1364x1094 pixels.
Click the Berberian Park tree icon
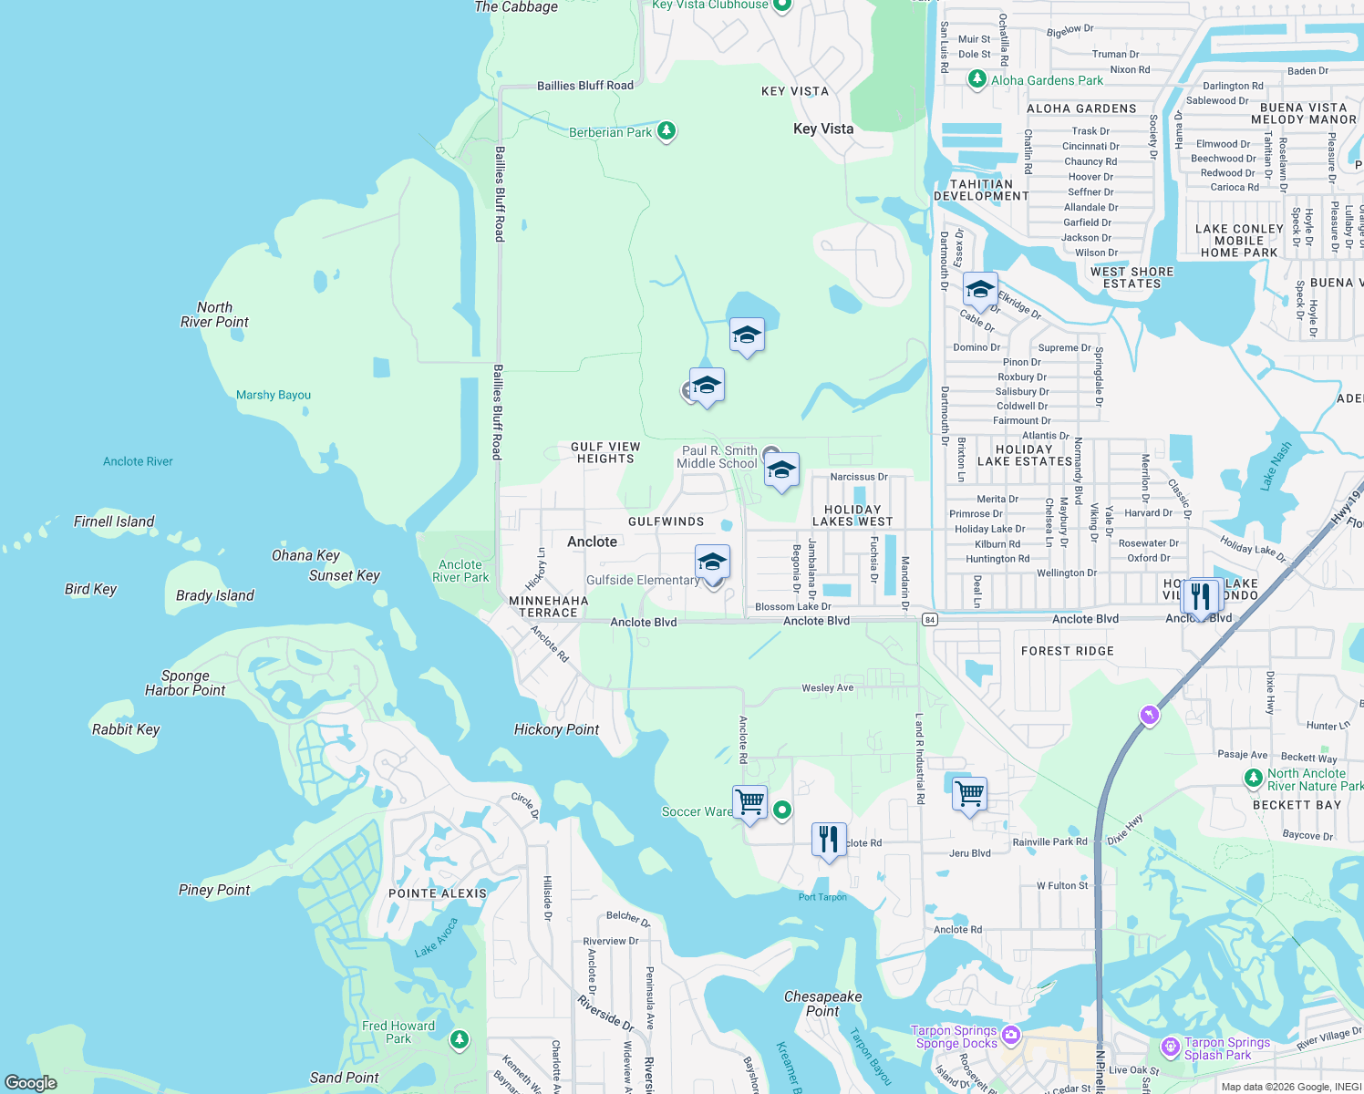(x=666, y=131)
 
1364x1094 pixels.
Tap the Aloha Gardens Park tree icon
(x=977, y=80)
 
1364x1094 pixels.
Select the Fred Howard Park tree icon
(x=460, y=1038)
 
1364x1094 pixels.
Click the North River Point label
(x=214, y=315)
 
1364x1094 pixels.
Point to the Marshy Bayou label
(x=274, y=395)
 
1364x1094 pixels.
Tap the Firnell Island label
(x=114, y=521)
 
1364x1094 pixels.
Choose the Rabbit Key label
(x=126, y=729)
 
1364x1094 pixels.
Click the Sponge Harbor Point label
(x=185, y=683)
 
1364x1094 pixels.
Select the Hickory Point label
(x=556, y=729)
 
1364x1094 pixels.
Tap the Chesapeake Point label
(x=822, y=1004)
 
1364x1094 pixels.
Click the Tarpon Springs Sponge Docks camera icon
(x=1010, y=1035)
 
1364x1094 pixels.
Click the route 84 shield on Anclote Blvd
(x=929, y=620)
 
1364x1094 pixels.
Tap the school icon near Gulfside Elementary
(x=712, y=562)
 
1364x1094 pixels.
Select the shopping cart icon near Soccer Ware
(x=749, y=802)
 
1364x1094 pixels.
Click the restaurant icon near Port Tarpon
(x=829, y=840)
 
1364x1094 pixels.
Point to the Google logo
(x=31, y=1082)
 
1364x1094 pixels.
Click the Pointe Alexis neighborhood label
(x=438, y=893)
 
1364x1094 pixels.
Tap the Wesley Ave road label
(x=827, y=687)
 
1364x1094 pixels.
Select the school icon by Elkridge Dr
(x=980, y=290)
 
